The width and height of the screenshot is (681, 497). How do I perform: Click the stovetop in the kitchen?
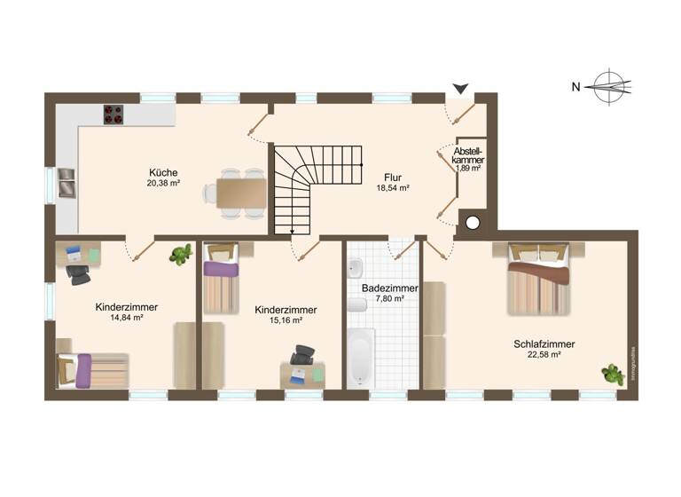click(114, 115)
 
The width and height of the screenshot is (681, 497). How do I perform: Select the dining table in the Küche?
click(240, 191)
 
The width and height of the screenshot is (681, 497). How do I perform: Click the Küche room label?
click(164, 172)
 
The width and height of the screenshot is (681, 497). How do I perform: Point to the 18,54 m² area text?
click(391, 188)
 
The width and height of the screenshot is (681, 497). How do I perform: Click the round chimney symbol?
click(474, 223)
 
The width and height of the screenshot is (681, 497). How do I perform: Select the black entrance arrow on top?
click(460, 89)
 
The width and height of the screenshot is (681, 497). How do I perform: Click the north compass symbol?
click(613, 86)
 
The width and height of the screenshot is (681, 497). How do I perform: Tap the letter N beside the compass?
click(575, 86)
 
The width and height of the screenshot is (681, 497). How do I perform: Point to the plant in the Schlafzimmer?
click(611, 374)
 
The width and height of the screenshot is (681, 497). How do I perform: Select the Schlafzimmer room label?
click(544, 343)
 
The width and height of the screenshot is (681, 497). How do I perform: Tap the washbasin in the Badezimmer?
click(355, 269)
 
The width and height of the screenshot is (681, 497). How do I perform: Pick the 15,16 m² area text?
click(286, 320)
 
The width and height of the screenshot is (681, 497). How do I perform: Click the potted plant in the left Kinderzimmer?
click(182, 256)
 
